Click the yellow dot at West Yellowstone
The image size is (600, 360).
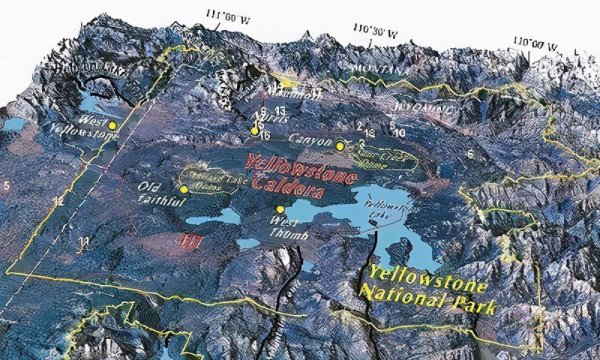(113, 125)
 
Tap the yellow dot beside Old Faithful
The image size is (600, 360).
(183, 189)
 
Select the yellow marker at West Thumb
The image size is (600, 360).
(279, 208)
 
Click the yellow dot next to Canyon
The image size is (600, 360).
(340, 146)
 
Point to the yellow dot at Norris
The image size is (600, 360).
(255, 131)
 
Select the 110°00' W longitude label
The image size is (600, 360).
(534, 43)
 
